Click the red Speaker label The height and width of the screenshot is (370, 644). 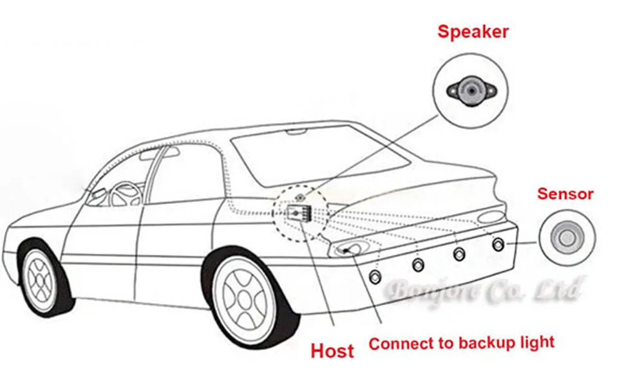(x=473, y=32)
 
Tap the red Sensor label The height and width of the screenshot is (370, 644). (x=565, y=193)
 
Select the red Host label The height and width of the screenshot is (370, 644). (x=332, y=351)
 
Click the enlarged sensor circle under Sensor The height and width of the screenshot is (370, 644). (x=565, y=239)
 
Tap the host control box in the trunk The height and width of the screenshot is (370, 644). (x=298, y=212)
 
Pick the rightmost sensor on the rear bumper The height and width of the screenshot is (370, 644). (x=498, y=244)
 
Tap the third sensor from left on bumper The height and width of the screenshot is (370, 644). (x=459, y=254)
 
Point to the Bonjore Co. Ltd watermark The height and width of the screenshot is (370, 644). (x=484, y=291)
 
